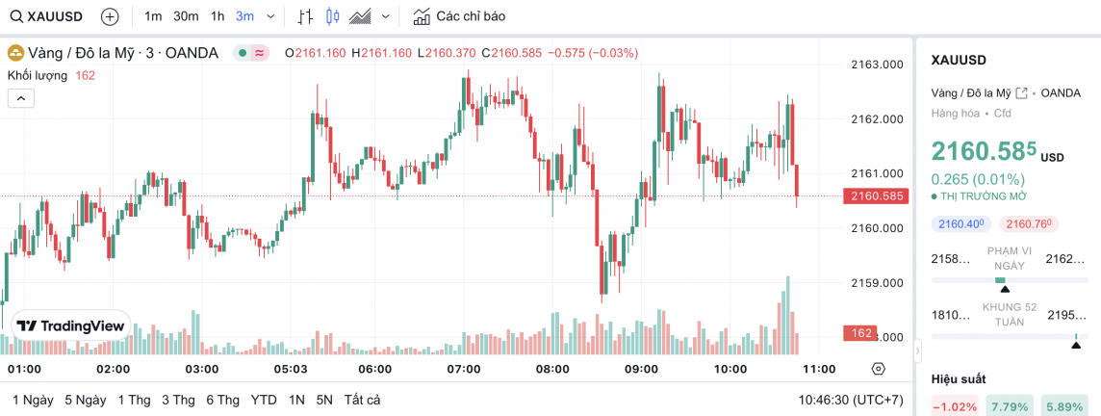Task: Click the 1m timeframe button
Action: pyautogui.click(x=153, y=16)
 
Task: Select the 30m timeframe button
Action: pyautogui.click(x=186, y=16)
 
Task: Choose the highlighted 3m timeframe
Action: pyautogui.click(x=244, y=16)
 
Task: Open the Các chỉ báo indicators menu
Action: pyautogui.click(x=459, y=16)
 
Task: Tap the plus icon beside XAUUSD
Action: pyautogui.click(x=110, y=16)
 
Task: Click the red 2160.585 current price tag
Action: pyautogui.click(x=876, y=196)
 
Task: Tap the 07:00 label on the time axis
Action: pyautogui.click(x=464, y=369)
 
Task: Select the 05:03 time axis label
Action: pyautogui.click(x=291, y=369)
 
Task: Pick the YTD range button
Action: pyautogui.click(x=264, y=400)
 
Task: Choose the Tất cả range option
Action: pyautogui.click(x=362, y=400)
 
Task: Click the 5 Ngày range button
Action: pyautogui.click(x=86, y=400)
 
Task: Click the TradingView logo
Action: pyautogui.click(x=71, y=326)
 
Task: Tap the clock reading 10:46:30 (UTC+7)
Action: pyautogui.click(x=850, y=400)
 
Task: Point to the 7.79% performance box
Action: pyautogui.click(x=1010, y=406)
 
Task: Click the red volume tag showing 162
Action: pyautogui.click(x=859, y=333)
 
